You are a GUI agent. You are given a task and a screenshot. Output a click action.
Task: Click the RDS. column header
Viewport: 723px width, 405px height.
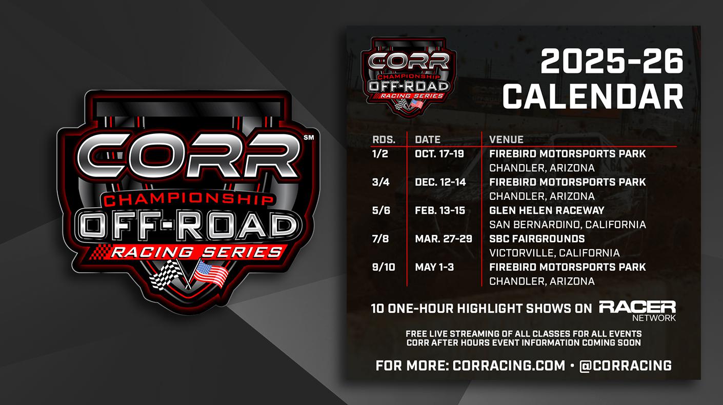(x=384, y=140)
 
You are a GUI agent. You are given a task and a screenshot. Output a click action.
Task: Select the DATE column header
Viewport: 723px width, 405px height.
(x=428, y=140)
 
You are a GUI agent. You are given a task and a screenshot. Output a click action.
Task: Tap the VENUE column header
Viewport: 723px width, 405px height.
(x=506, y=140)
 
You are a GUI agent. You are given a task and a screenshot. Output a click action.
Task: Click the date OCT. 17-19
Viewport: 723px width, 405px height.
(x=439, y=154)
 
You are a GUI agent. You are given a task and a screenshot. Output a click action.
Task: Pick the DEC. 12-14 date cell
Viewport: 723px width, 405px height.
(x=440, y=183)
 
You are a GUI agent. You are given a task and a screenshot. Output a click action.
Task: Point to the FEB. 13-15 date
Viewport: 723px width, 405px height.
(x=440, y=211)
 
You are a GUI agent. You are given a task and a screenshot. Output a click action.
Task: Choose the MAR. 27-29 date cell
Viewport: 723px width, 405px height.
(x=444, y=239)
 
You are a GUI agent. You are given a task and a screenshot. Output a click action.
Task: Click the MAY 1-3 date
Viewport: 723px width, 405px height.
(x=434, y=268)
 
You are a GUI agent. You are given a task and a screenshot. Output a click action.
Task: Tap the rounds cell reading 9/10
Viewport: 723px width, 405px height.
(x=384, y=268)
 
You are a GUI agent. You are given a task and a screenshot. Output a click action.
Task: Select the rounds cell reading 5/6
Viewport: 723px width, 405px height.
(x=381, y=211)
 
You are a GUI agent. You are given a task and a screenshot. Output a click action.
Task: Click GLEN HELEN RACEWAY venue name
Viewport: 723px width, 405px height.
(x=547, y=211)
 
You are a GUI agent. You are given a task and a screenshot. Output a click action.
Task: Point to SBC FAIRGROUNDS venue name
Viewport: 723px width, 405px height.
(x=537, y=239)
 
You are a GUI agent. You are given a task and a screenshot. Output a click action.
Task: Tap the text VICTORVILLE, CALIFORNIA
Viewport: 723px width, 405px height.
(x=554, y=253)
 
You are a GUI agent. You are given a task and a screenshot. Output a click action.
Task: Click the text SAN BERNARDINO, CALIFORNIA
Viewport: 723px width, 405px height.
(x=568, y=225)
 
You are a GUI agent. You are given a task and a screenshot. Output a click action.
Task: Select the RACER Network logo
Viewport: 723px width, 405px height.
(x=637, y=311)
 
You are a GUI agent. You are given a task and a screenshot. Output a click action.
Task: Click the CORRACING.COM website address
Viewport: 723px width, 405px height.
(x=509, y=366)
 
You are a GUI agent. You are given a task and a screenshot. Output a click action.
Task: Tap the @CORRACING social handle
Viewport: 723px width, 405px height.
(x=626, y=366)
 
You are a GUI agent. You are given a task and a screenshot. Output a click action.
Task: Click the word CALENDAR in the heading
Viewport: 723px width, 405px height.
(x=593, y=96)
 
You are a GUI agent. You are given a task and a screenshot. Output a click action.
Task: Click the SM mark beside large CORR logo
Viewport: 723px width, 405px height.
(x=309, y=137)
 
